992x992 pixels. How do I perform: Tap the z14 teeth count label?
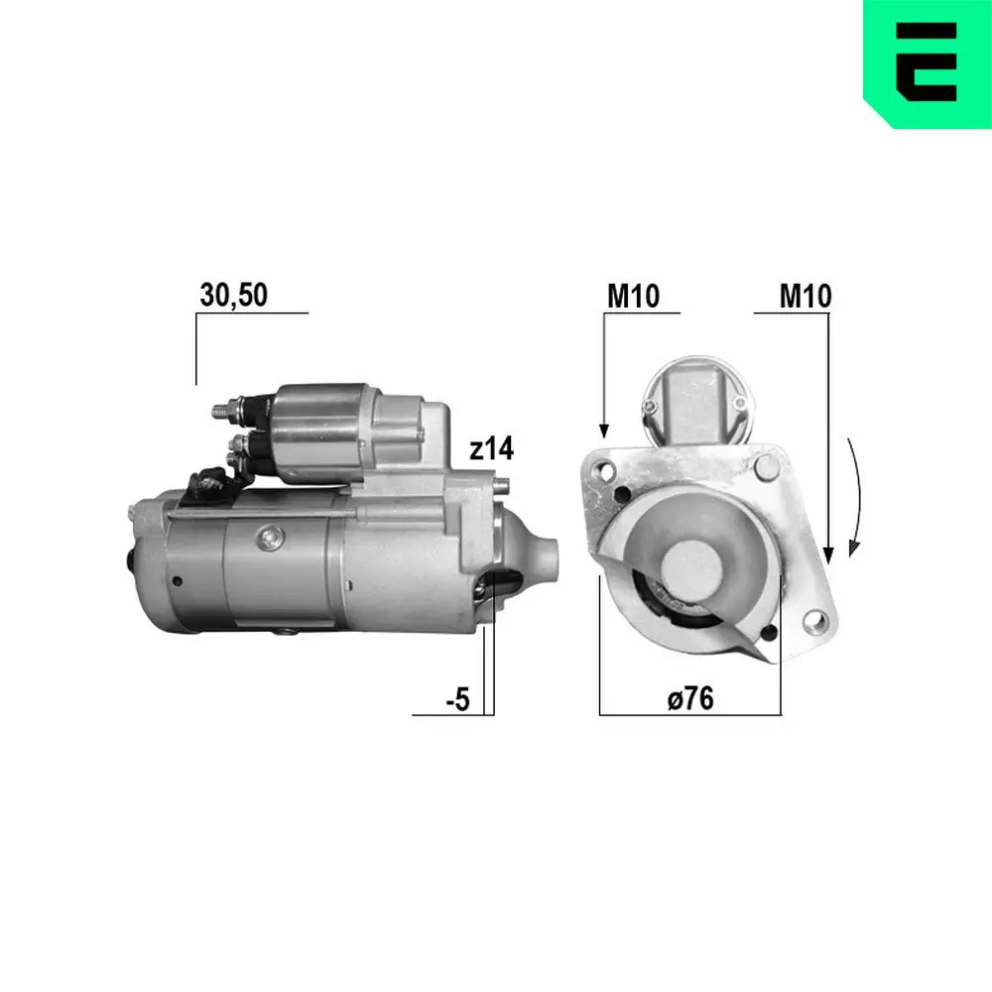492,449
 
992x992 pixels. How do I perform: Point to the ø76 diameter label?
690,698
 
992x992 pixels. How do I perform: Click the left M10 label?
634,295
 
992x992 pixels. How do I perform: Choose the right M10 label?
806,295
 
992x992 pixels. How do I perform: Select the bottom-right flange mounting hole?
815,622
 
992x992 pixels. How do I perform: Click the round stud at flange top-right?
766,465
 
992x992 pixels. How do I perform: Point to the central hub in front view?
687,560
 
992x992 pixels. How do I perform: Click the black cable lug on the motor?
209,484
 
